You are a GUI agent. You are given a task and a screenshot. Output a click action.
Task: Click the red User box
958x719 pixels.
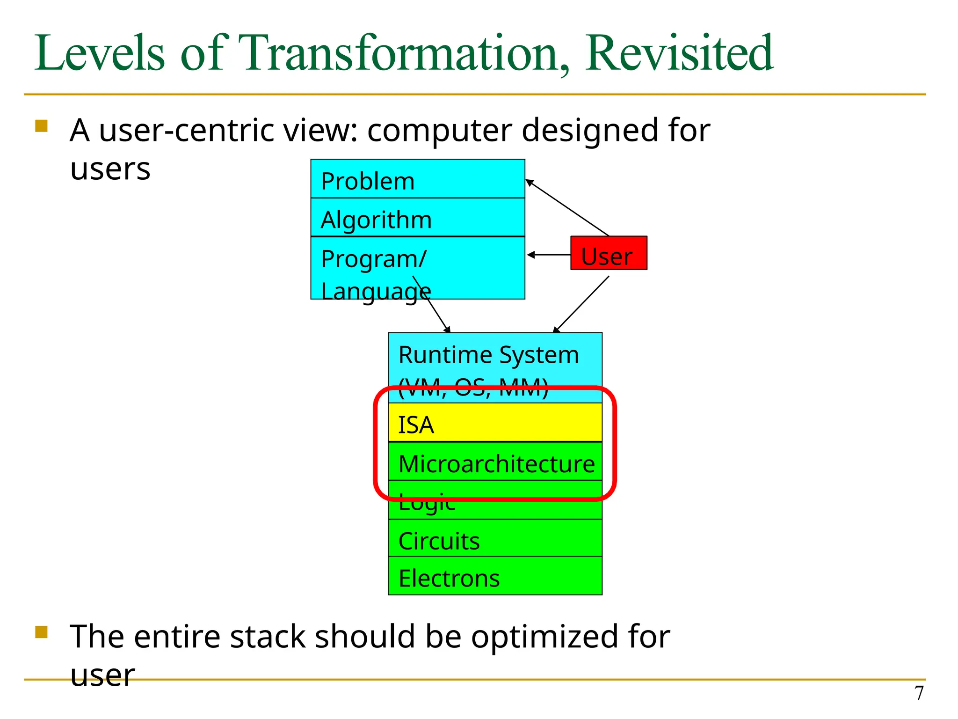click(609, 253)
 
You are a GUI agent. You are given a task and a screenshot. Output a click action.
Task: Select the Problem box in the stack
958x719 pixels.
click(417, 179)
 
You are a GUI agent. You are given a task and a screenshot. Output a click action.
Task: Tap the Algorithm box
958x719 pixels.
click(417, 218)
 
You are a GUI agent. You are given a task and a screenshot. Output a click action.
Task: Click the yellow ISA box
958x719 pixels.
click(494, 423)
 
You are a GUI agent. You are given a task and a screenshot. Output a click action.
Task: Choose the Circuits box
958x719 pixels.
click(494, 539)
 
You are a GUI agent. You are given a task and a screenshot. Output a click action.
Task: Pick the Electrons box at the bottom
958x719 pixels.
click(494, 577)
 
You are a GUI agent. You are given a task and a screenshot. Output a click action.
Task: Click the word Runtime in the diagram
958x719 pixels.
click(439, 355)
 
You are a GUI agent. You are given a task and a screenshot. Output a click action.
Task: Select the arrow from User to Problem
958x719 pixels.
click(567, 208)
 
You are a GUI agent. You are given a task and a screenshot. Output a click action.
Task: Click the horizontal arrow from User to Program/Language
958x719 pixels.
click(548, 255)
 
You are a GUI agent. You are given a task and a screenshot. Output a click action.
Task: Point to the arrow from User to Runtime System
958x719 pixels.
click(581, 304)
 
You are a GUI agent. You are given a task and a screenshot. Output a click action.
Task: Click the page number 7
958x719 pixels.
click(919, 693)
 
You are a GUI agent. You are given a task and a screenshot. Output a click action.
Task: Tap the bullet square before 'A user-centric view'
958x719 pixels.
click(42, 126)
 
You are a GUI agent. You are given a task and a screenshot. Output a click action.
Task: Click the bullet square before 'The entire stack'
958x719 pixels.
click(42, 632)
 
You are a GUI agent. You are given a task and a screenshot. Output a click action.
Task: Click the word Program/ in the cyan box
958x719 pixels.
click(373, 259)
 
